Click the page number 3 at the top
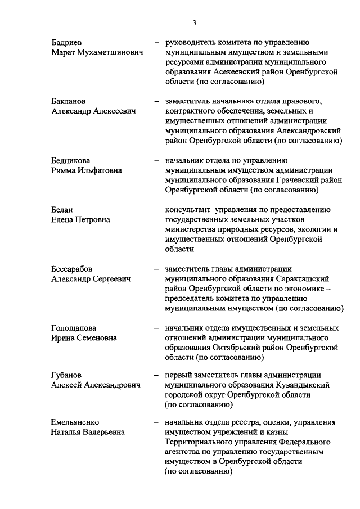(194, 22)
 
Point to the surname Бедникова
(70, 160)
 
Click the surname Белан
(62, 209)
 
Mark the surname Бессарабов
(72, 268)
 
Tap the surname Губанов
(68, 376)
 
